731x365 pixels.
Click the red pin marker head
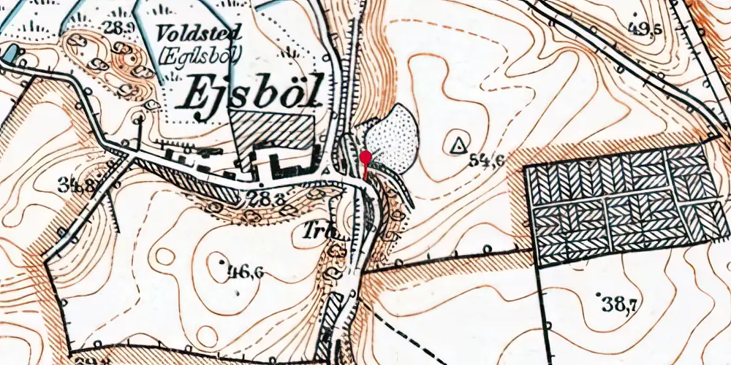click(x=365, y=157)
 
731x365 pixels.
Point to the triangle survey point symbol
click(x=458, y=145)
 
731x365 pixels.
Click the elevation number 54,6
click(x=487, y=161)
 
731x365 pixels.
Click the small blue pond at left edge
click(x=10, y=53)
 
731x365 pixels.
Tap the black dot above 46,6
click(x=221, y=259)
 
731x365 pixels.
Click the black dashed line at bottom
click(x=409, y=336)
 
